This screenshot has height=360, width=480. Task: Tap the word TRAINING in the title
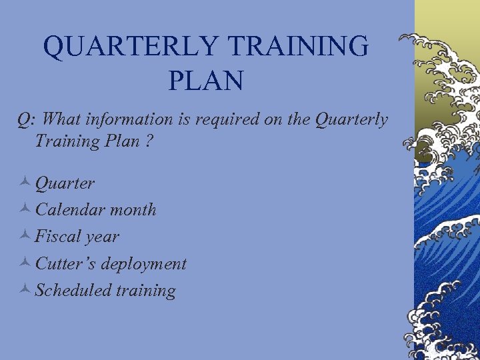[x=297, y=47]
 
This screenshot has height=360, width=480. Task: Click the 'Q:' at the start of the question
[x=27, y=119]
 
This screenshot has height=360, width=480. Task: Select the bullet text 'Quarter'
[x=65, y=183]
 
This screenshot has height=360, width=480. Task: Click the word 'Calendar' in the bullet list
[x=70, y=209]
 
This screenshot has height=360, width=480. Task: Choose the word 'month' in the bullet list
[x=133, y=209]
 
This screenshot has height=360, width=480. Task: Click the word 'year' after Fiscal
[x=105, y=237]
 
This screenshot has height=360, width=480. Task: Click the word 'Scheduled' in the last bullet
[x=73, y=290]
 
